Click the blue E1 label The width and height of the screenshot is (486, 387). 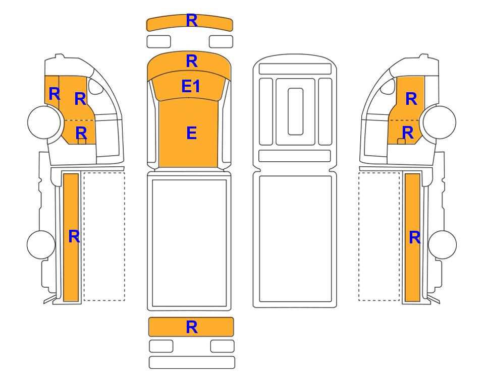coord(191,86)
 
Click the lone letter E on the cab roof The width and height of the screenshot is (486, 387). coord(192,133)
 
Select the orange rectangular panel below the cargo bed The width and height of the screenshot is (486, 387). coord(191,327)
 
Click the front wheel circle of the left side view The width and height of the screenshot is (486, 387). coord(44,122)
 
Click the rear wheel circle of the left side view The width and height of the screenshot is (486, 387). coord(41,244)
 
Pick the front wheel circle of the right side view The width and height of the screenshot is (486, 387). coord(440,122)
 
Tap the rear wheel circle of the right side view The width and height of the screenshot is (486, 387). coord(442,244)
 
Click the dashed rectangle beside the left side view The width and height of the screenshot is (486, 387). coord(104,236)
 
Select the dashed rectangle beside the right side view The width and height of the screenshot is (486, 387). coord(379,236)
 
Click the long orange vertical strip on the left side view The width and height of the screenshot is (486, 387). coord(71,237)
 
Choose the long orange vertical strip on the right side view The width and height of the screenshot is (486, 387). coord(412,237)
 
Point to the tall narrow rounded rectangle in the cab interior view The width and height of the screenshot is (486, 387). coord(295,111)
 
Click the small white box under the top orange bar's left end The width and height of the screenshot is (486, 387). coord(158,41)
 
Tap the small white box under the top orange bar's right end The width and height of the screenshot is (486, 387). coord(221,41)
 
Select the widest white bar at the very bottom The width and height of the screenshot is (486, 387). coord(192,362)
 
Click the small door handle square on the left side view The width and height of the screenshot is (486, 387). coord(82,142)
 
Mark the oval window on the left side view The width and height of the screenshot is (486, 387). coord(95,86)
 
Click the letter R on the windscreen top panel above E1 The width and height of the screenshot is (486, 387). coord(192,61)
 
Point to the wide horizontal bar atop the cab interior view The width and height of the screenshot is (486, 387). coord(295,69)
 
